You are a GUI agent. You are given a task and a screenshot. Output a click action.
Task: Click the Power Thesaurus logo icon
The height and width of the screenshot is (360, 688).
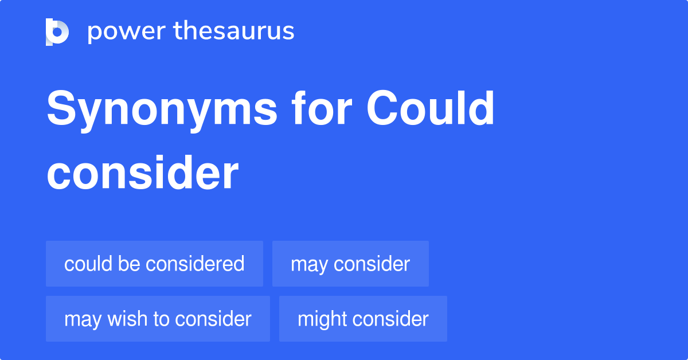[x=57, y=32]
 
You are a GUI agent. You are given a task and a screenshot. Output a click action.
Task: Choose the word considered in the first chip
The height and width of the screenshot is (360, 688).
[x=195, y=264]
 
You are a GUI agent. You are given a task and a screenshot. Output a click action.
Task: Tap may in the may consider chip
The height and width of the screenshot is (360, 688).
[x=309, y=265]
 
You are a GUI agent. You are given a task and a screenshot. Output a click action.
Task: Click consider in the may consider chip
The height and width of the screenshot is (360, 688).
[x=372, y=264]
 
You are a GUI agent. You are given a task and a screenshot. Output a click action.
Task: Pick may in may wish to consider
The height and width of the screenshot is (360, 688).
[x=83, y=319]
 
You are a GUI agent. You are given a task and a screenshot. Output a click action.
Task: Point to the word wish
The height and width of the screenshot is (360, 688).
[x=127, y=319]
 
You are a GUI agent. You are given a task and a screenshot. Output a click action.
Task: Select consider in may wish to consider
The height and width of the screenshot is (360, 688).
[x=213, y=319]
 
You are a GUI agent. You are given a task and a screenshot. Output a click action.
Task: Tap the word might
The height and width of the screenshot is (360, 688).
[x=322, y=319]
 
